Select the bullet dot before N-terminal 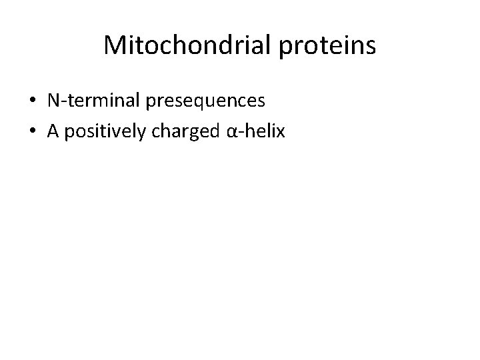point(33,101)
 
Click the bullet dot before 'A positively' point(33,132)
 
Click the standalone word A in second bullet point(53,131)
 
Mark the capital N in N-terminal point(53,101)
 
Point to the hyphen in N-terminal point(62,102)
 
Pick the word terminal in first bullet point(98,101)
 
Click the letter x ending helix point(280,133)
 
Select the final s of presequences point(261,102)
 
